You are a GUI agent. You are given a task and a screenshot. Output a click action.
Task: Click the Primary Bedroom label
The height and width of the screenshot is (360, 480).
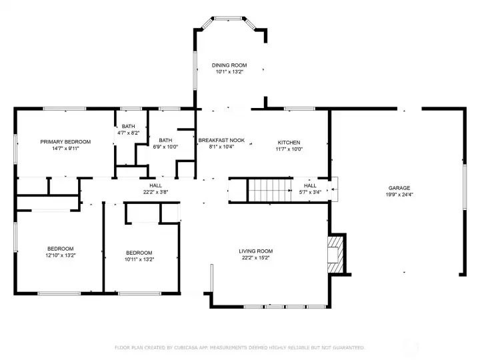[65, 141]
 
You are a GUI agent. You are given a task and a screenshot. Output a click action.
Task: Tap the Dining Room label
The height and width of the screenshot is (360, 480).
[229, 65]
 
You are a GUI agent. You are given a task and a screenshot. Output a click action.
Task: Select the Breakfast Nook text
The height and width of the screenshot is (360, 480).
[221, 141]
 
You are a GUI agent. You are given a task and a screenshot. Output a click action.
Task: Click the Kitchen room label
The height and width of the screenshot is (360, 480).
[289, 142]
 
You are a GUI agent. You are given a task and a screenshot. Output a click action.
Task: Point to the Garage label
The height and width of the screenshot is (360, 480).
[399, 188]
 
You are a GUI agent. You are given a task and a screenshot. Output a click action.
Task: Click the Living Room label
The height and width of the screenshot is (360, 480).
[256, 251]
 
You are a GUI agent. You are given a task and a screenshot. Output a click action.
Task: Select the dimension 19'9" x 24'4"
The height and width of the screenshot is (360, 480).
[399, 195]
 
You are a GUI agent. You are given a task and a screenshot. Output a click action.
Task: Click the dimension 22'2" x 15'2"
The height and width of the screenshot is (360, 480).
[256, 258]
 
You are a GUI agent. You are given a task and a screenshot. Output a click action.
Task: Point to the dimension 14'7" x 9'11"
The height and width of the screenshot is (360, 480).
[65, 148]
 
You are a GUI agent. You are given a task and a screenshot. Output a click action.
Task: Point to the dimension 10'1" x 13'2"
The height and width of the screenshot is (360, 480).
[229, 72]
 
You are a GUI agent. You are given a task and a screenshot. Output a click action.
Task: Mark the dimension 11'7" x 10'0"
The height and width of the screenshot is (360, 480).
[289, 149]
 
